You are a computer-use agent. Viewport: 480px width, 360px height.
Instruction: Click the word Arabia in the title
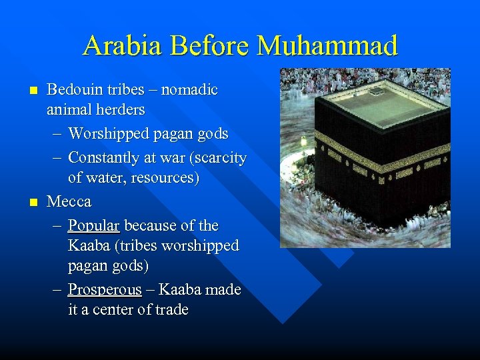tap(123, 46)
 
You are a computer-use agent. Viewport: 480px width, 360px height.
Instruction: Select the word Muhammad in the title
tap(327, 46)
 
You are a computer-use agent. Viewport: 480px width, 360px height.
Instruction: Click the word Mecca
tap(69, 201)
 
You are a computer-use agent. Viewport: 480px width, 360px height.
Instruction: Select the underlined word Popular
tap(93, 225)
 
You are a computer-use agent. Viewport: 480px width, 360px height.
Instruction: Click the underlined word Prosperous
tap(105, 290)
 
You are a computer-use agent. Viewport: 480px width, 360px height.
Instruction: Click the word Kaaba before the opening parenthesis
tap(89, 245)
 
